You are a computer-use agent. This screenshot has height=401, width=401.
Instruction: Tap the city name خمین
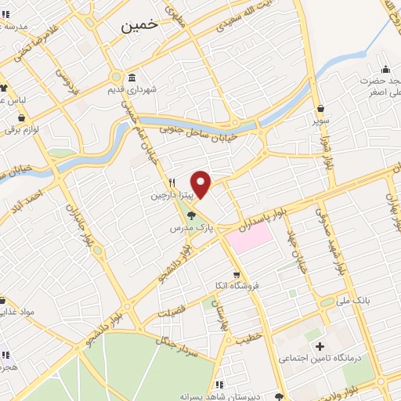[140, 24]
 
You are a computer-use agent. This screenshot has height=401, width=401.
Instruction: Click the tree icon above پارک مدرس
[192, 215]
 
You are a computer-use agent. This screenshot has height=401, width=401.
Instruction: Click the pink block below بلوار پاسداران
[251, 236]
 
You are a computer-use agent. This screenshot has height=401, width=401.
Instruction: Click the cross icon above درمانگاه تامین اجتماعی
[319, 346]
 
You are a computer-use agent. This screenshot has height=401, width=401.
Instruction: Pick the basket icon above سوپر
[321, 109]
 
